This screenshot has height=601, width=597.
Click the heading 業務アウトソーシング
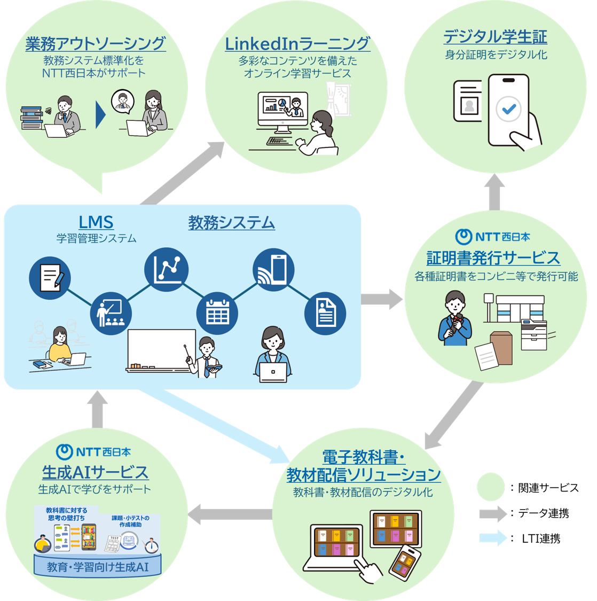coord(96,43)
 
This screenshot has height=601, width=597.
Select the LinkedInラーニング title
coord(297,43)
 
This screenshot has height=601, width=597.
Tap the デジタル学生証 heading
coord(495,37)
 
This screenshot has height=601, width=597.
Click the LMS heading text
coord(96,222)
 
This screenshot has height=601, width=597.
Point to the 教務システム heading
coord(231,222)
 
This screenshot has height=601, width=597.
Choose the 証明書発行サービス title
coord(493,258)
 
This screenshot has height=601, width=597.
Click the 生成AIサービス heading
coord(95,472)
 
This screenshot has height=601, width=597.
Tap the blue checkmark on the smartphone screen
coord(508,110)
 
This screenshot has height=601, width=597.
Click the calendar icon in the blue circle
coord(217,313)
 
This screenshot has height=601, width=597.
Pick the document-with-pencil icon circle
coord(50,277)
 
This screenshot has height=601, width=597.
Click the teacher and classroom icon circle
coord(111,313)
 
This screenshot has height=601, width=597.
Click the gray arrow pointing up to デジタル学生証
coord(494,192)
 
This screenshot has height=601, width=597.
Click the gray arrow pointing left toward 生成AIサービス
coord(230,514)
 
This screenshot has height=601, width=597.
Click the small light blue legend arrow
coord(492,537)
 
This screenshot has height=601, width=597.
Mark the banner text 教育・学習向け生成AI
coord(98,567)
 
